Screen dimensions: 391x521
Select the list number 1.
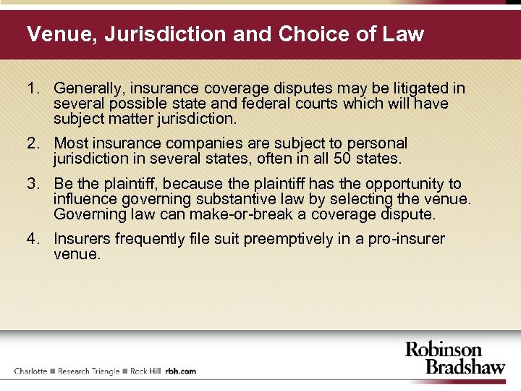coord(31,88)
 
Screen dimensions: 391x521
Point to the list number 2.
coord(31,143)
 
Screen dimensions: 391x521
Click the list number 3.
coord(31,184)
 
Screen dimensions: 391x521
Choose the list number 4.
coord(31,239)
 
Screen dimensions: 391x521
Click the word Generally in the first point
coord(88,88)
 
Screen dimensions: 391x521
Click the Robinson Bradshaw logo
coord(454,358)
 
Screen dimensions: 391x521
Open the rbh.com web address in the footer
coord(181,371)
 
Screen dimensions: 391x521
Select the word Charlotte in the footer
coord(30,371)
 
